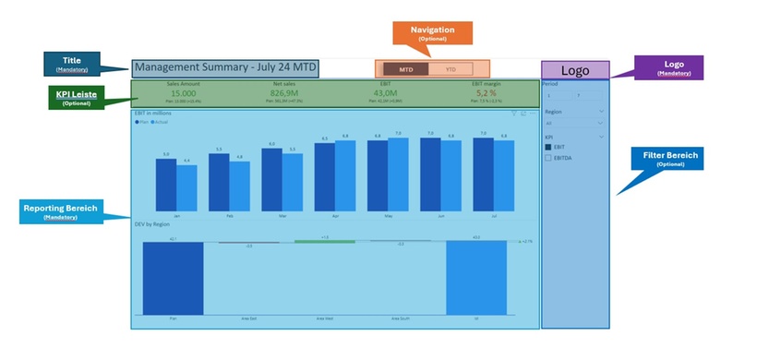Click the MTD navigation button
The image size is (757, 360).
405,69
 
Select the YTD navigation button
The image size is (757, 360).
451,69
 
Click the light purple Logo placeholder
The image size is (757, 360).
574,70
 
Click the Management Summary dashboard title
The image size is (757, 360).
225,68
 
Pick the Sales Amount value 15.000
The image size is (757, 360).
183,92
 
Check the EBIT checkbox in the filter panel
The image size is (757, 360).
549,146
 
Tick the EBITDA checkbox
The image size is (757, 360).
549,158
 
